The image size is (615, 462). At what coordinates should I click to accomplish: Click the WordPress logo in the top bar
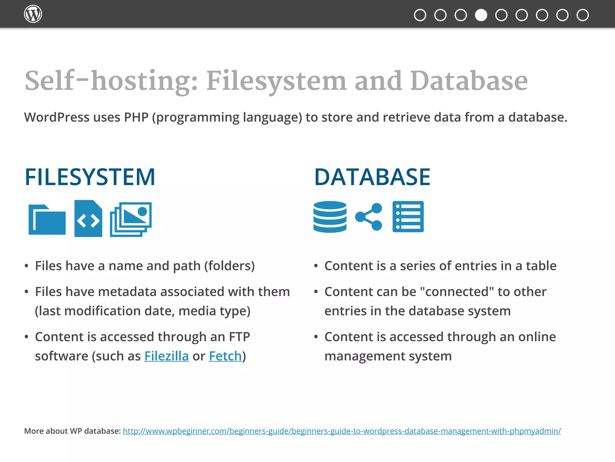33,14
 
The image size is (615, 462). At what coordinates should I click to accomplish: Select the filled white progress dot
481,15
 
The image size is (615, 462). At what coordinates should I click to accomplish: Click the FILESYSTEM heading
90,177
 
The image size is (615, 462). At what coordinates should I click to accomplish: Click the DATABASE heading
372,177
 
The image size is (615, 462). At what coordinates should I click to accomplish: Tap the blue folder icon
47,220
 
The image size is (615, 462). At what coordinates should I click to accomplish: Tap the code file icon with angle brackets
88,219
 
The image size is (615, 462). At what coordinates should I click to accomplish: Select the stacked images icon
131,219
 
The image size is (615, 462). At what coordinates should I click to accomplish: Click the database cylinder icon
330,217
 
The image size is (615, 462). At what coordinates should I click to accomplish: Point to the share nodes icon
369,217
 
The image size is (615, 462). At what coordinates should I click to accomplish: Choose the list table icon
408,217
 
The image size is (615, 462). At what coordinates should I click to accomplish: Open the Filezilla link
166,356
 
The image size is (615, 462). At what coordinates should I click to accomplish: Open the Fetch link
225,356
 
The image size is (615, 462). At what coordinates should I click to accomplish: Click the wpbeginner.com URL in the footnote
342,431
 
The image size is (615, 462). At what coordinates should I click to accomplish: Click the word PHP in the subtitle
136,117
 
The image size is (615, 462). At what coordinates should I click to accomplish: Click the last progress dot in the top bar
583,15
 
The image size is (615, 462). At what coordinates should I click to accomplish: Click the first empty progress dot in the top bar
420,15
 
